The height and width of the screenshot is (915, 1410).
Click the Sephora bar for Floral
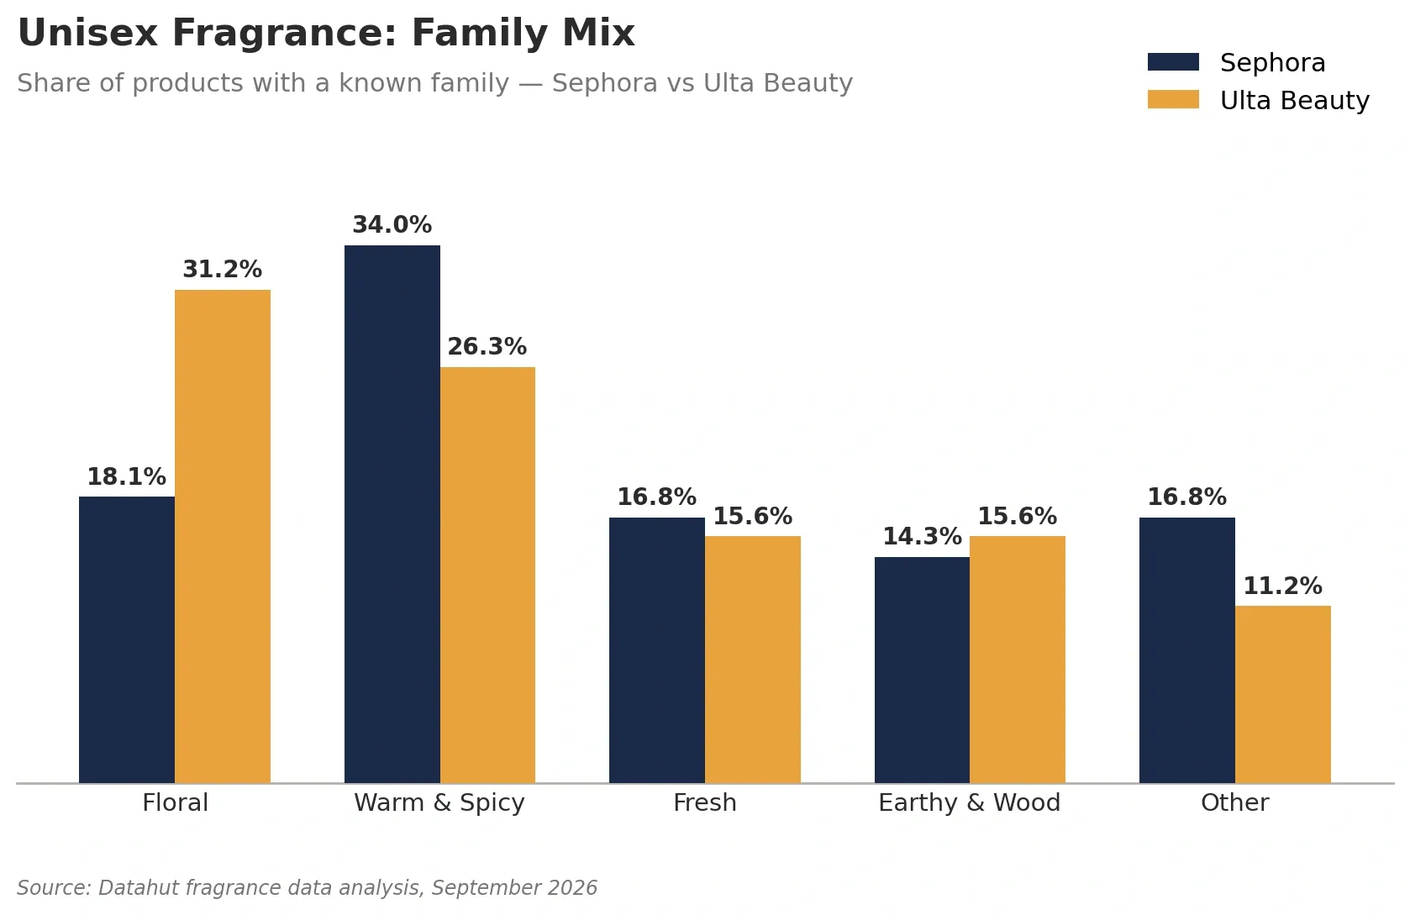[127, 640]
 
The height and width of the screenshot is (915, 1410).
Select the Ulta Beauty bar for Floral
[223, 537]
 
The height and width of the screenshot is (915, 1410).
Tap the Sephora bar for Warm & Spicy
[392, 514]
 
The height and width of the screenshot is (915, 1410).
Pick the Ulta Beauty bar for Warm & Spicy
[488, 576]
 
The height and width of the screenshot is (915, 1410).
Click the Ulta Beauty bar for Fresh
[753, 660]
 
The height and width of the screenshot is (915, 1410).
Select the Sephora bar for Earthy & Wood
[922, 670]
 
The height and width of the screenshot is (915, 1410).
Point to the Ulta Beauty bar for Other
[1283, 695]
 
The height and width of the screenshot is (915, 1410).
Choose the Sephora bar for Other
[1187, 650]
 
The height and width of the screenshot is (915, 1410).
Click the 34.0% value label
[392, 224]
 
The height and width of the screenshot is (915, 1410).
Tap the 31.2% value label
[222, 270]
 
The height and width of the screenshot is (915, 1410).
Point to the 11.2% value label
[1283, 586]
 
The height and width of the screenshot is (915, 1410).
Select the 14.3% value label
[922, 537]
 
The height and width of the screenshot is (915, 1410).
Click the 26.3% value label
[487, 347]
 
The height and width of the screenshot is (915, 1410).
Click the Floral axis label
[175, 803]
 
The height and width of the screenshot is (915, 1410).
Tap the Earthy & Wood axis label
[970, 803]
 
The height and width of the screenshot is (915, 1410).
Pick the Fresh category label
[705, 803]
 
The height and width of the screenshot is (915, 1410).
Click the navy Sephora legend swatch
[1173, 61]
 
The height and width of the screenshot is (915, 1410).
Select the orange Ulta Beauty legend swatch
[1173, 99]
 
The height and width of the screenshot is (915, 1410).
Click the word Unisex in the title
[87, 33]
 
